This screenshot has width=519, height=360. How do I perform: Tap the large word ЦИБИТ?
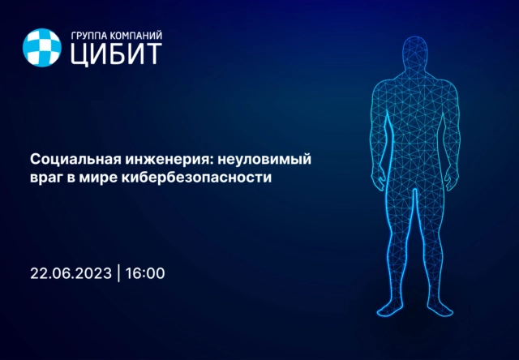coord(115,54)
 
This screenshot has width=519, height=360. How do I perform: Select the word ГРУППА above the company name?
coord(92,35)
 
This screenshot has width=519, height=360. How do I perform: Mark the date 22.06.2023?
coord(71,273)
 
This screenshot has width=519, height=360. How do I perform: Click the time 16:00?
coord(147,273)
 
